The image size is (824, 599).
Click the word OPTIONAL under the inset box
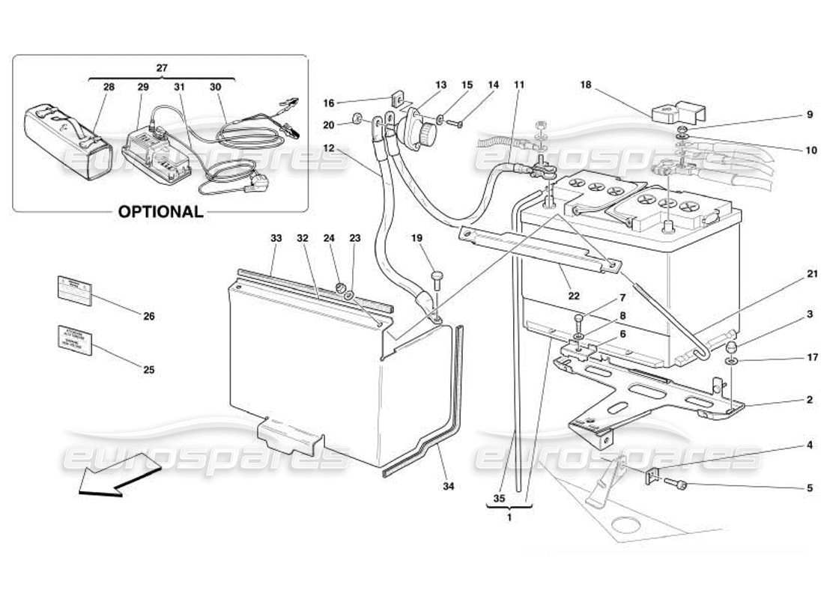(160, 212)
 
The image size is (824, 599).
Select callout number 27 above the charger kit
(162, 67)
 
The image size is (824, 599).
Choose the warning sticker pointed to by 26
(76, 288)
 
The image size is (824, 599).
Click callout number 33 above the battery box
(276, 238)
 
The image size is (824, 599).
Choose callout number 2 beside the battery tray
(809, 400)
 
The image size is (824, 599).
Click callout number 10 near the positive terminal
(810, 150)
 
